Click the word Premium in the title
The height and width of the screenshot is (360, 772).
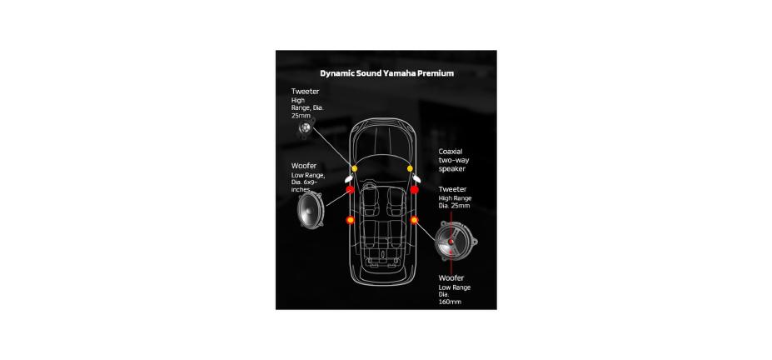(435, 73)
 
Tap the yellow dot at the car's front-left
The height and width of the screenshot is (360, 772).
(353, 168)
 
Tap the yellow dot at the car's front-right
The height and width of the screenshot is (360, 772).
(411, 168)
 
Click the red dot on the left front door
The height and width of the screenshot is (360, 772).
(350, 190)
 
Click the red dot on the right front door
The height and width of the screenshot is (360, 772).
(414, 190)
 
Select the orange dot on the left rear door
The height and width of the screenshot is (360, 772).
(350, 220)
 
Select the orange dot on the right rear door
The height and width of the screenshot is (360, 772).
(414, 220)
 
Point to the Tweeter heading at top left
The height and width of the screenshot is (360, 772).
(305, 91)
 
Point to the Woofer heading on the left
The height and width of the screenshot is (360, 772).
(303, 166)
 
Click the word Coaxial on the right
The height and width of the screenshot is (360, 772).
(451, 151)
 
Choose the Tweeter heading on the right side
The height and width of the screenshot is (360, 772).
(452, 189)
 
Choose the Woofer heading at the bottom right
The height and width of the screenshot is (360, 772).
(451, 277)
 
